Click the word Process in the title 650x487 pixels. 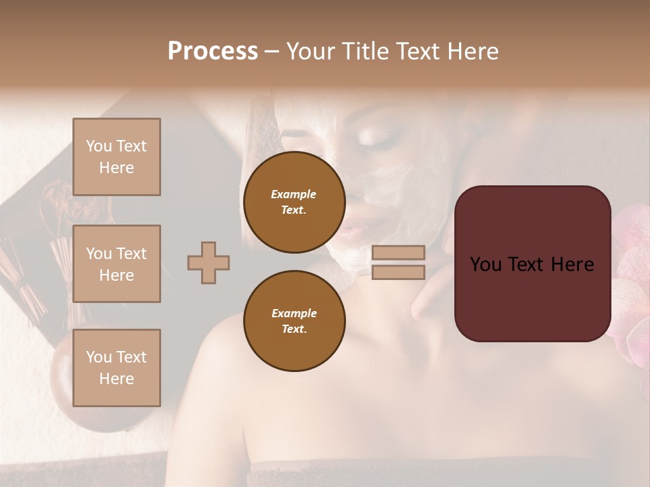click(x=213, y=51)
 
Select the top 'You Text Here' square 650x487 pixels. click(x=116, y=157)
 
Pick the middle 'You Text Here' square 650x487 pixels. click(x=116, y=264)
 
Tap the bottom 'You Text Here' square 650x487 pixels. click(x=116, y=367)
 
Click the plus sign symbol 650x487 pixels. click(x=209, y=262)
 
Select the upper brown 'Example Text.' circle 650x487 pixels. click(x=294, y=202)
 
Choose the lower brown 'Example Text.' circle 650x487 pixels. click(x=294, y=321)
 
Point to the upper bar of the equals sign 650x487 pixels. click(x=398, y=252)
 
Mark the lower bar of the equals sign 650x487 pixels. click(x=398, y=272)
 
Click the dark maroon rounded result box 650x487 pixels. click(x=532, y=264)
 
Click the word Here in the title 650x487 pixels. click(x=474, y=51)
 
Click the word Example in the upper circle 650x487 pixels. click(x=294, y=195)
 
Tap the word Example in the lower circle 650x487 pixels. click(x=294, y=314)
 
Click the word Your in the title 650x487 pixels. click(x=311, y=51)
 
